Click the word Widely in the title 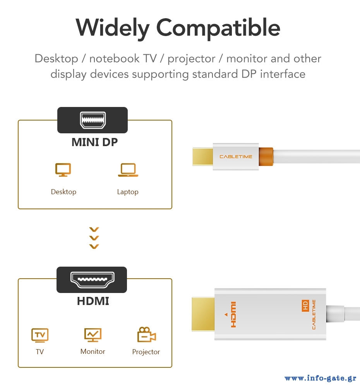[x=112, y=28]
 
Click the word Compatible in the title [x=218, y=28]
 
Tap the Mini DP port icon [x=93, y=120]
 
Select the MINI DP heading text [x=95, y=142]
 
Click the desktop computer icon [x=63, y=170]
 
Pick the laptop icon [x=128, y=170]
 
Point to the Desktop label [x=63, y=192]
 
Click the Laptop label [x=128, y=192]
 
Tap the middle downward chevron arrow [x=94, y=238]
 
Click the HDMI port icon [x=92, y=280]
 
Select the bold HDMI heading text [x=93, y=301]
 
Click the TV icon [x=40, y=335]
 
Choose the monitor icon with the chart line [x=93, y=335]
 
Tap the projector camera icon [x=146, y=334]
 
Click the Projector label [x=146, y=352]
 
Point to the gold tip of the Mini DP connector [x=202, y=157]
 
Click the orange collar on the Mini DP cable [x=266, y=157]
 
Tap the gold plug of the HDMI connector [x=203, y=314]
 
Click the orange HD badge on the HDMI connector [x=305, y=305]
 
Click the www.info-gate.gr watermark [x=321, y=378]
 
